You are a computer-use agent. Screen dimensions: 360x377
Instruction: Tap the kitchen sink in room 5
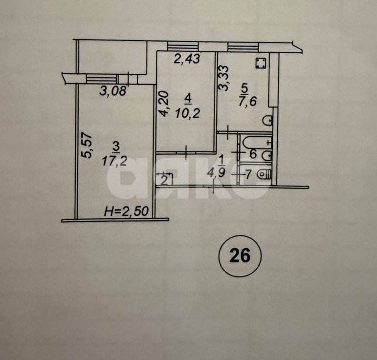(267, 120)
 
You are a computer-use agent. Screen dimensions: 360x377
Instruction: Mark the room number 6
(253, 153)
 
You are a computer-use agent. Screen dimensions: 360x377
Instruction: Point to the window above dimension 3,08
(102, 78)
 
